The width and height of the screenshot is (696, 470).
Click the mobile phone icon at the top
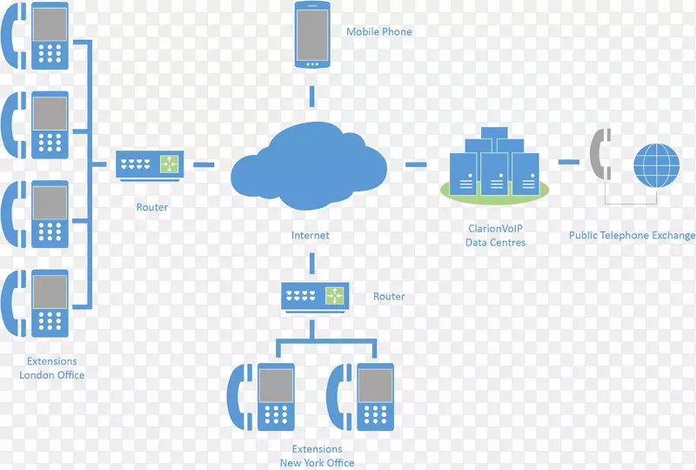tap(311, 35)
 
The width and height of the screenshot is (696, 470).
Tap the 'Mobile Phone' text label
tap(378, 32)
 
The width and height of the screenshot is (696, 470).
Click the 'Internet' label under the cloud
tap(311, 235)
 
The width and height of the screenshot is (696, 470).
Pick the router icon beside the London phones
tap(148, 164)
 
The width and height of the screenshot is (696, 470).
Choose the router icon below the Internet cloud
tap(314, 296)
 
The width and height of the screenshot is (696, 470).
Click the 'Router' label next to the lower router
tap(389, 296)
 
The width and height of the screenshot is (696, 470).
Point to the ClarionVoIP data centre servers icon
tap(492, 164)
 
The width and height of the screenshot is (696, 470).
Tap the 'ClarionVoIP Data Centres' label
tap(495, 236)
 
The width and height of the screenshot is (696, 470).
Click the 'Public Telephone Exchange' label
tap(632, 235)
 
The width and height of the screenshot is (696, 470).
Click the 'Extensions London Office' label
tap(51, 368)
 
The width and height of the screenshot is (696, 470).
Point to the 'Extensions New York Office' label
tap(317, 456)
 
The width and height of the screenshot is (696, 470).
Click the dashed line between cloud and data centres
tap(416, 163)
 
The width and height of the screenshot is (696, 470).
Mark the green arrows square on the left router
tap(167, 163)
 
